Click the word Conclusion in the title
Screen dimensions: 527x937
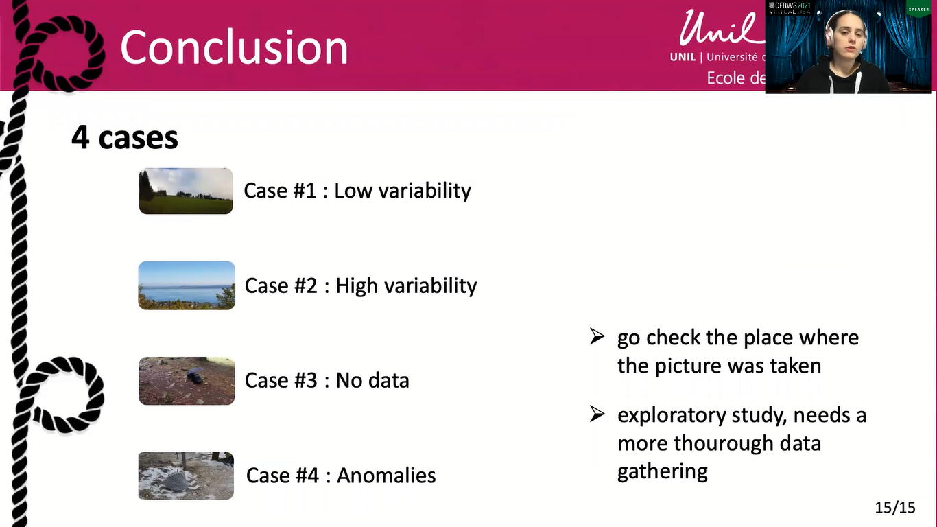coord(234,47)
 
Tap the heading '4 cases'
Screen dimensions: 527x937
coord(125,137)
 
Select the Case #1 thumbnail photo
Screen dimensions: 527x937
coord(186,191)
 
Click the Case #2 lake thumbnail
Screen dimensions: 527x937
coord(187,285)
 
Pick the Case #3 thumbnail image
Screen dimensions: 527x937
coord(187,381)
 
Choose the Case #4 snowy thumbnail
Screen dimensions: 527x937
coord(186,476)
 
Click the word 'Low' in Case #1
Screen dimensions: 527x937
coord(351,191)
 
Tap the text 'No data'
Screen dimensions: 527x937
coord(372,380)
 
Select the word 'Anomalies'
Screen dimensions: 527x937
coord(386,476)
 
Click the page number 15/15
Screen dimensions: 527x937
coord(895,508)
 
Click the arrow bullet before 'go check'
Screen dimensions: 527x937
coord(597,337)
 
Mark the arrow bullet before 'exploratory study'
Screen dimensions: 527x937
coord(597,414)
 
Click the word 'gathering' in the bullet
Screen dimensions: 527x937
coord(662,471)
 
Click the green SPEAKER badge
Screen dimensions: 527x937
coord(918,9)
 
